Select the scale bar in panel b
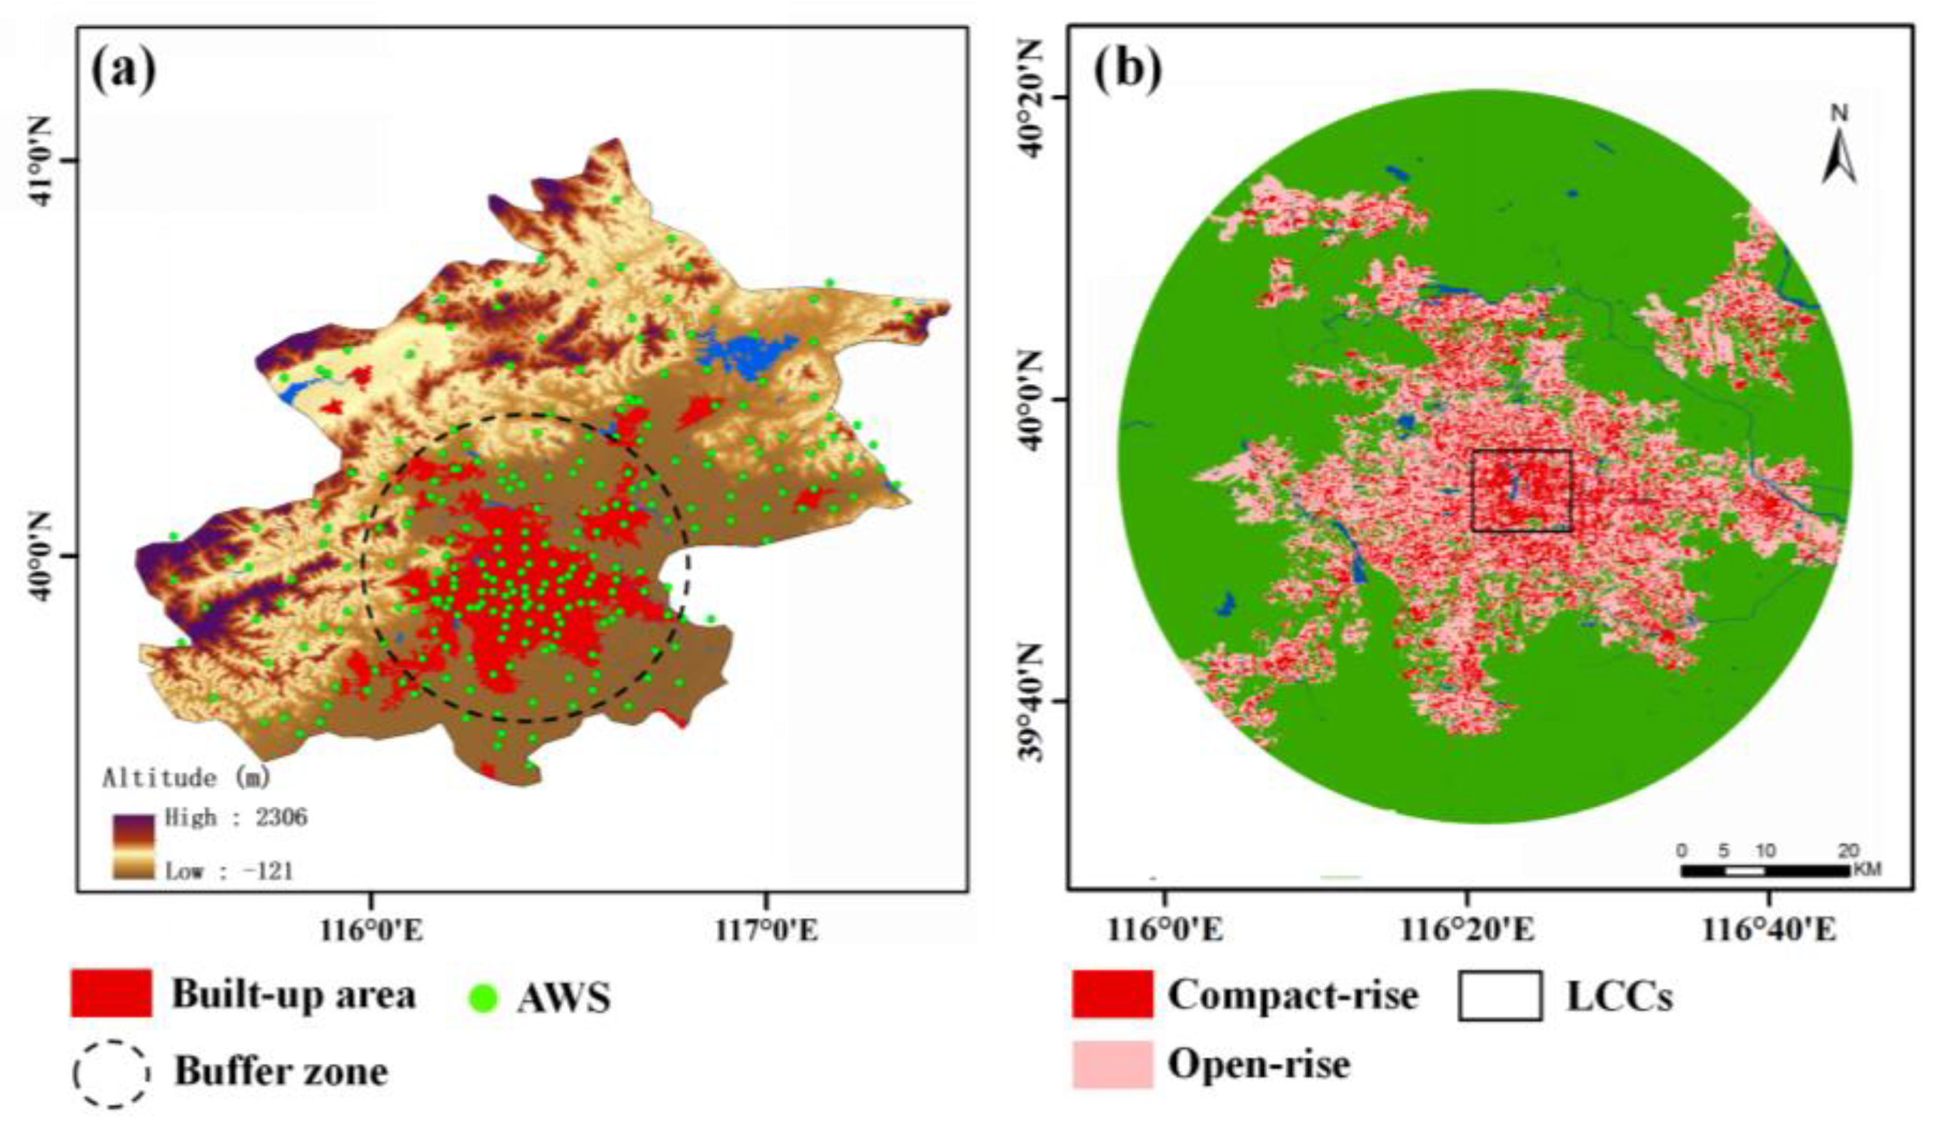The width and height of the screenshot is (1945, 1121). click(1764, 871)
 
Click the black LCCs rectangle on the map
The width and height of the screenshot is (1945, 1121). click(1522, 490)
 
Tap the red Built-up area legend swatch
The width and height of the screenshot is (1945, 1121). click(111, 993)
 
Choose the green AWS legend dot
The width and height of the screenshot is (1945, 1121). click(483, 998)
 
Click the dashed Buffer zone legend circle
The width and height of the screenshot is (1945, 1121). click(111, 1073)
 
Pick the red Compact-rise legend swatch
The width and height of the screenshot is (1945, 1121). click(1112, 994)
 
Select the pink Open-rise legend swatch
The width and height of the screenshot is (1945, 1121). click(1112, 1065)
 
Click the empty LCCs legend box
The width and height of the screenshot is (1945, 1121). click(1499, 995)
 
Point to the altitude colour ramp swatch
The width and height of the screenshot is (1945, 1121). click(134, 847)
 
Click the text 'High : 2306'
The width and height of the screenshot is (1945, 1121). click(236, 817)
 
